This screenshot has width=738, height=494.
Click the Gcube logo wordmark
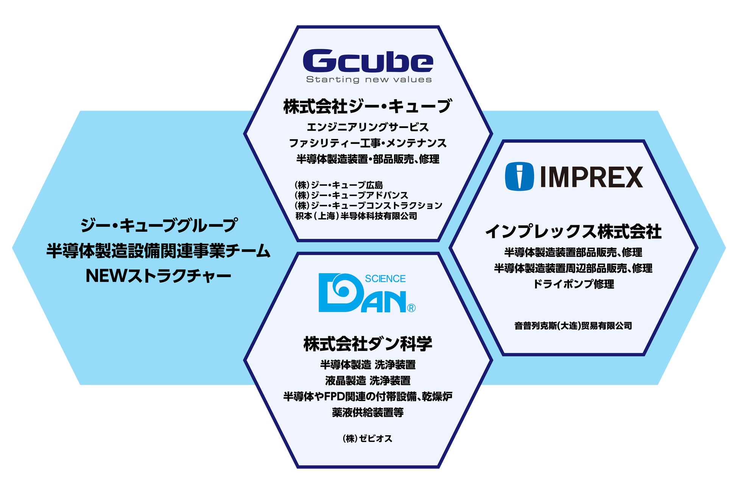(x=368, y=61)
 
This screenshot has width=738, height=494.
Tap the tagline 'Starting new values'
(x=369, y=79)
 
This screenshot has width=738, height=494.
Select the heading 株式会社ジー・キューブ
(x=367, y=106)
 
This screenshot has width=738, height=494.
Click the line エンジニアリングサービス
(x=367, y=127)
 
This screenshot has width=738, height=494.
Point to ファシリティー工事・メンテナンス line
(x=367, y=143)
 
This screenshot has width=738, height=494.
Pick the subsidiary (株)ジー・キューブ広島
(x=339, y=185)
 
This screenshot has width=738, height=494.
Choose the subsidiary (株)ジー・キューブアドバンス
(x=351, y=195)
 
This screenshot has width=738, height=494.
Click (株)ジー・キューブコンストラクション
(x=368, y=206)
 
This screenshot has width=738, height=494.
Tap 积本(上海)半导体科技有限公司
(x=356, y=216)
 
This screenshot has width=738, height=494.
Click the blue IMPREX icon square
(x=519, y=176)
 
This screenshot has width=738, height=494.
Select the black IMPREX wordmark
(x=591, y=177)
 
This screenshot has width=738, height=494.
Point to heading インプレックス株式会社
(x=573, y=232)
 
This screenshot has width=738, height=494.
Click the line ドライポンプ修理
(x=573, y=284)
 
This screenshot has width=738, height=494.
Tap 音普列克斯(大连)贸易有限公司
(x=573, y=326)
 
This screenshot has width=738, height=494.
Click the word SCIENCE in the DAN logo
(x=385, y=279)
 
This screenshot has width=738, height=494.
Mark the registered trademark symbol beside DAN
(x=411, y=308)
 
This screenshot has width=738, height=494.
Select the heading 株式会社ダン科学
(x=367, y=344)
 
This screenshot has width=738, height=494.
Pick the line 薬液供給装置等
(x=367, y=412)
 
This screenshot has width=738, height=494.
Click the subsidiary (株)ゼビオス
(x=367, y=439)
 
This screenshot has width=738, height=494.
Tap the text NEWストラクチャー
(x=158, y=276)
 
